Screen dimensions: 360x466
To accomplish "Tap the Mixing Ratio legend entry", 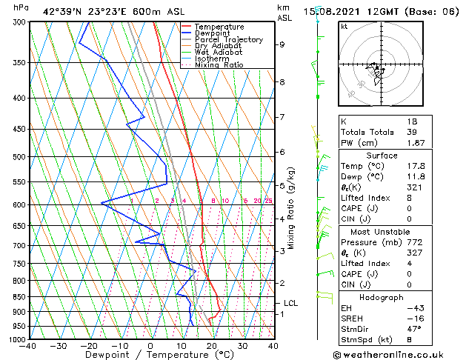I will (219, 65).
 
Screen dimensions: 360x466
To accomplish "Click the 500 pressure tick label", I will (18, 157).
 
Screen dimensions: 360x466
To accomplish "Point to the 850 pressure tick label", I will (18, 297).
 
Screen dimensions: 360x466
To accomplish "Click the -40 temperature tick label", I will (29, 345).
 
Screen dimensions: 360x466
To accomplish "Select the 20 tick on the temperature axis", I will (212, 345).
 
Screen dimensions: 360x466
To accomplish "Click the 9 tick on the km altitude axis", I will (282, 44).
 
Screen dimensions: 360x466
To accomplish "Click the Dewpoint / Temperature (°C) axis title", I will (150, 355).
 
